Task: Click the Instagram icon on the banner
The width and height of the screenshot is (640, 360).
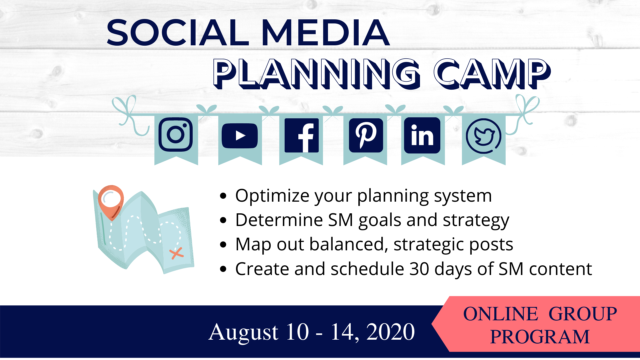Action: (x=176, y=134)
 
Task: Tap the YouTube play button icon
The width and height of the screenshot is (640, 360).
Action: (x=240, y=136)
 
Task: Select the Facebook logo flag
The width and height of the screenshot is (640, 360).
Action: (x=301, y=135)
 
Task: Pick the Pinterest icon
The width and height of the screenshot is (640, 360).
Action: (x=366, y=135)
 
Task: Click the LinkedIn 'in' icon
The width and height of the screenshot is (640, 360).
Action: (x=422, y=135)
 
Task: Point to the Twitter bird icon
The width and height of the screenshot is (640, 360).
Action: (x=483, y=136)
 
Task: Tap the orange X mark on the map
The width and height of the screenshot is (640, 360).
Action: (x=176, y=253)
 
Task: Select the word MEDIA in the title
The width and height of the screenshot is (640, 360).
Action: (x=326, y=32)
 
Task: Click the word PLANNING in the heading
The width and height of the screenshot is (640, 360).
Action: (x=317, y=74)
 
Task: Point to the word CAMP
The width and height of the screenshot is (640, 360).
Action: (x=492, y=74)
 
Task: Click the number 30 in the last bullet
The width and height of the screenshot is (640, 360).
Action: (x=419, y=269)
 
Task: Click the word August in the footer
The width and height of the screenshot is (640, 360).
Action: (x=243, y=332)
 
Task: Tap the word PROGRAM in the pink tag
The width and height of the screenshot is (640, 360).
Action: (x=540, y=337)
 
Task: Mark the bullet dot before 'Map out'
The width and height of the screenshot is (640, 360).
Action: (x=223, y=245)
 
